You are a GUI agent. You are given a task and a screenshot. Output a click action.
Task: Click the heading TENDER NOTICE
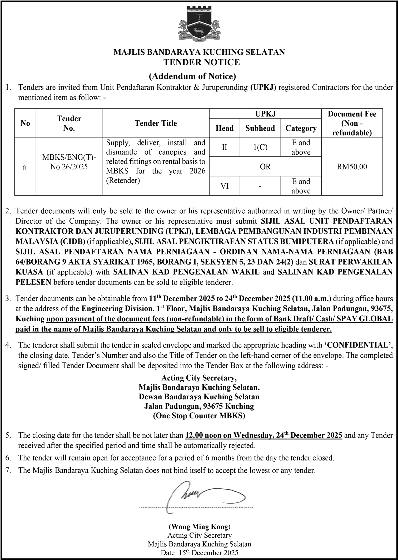tap(202, 62)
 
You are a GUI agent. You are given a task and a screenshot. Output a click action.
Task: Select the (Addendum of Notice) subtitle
tap(192, 76)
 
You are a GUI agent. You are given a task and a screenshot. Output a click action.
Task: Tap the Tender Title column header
tap(156, 123)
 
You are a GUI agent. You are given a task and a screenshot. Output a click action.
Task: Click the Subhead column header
tap(260, 128)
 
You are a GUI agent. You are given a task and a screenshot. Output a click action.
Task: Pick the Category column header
tap(301, 128)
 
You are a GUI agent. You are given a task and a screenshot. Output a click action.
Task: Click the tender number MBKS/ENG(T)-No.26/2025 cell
tap(69, 162)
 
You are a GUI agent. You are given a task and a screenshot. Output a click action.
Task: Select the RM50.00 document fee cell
tap(352, 166)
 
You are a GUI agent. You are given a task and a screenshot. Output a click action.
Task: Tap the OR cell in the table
tap(265, 166)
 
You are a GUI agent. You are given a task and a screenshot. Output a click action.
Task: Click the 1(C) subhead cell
tap(260, 147)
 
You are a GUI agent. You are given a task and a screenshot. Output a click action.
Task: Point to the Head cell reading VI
tap(225, 186)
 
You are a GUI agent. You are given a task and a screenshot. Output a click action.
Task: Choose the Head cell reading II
tap(225, 147)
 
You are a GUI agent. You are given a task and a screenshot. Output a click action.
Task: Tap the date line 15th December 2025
tap(199, 552)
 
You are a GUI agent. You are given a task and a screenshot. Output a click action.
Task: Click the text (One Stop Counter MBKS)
tap(199, 416)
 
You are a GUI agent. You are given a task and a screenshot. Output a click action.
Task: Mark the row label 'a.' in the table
tap(25, 166)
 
